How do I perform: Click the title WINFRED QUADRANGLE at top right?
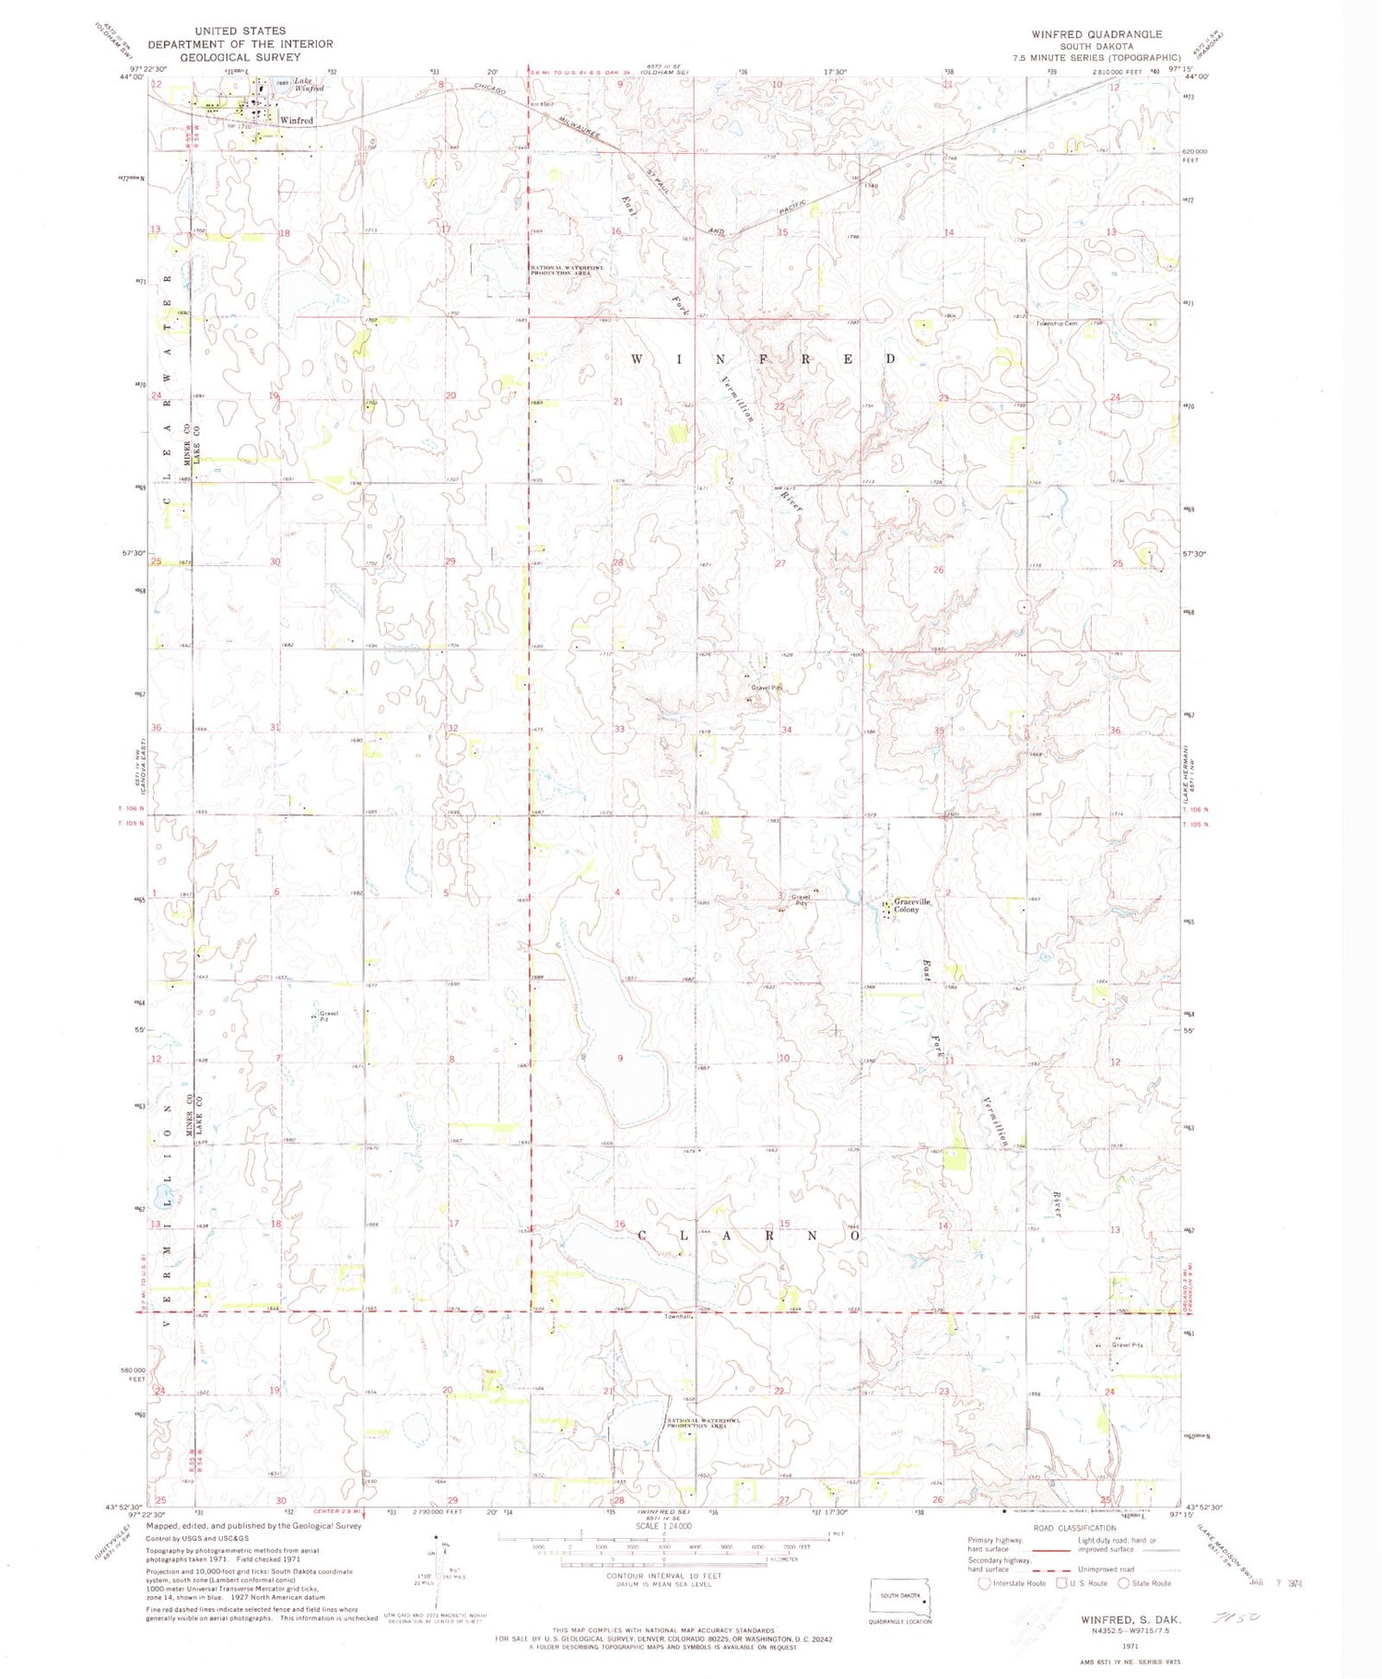(1096, 34)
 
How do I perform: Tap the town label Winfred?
(297, 121)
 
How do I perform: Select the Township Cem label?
(1057, 323)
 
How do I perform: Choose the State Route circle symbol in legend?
(1123, 1583)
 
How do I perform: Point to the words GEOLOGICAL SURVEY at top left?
(227, 57)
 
